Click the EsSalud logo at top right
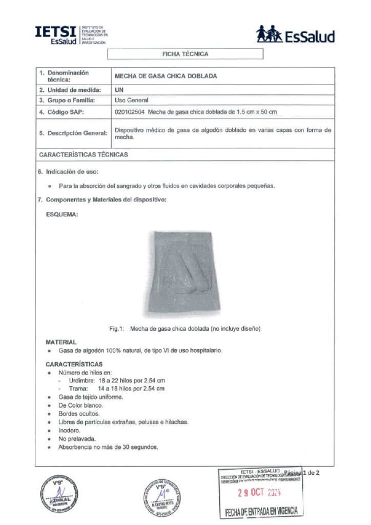point(295,35)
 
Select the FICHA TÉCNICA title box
point(185,54)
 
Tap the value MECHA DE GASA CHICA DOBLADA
point(166,76)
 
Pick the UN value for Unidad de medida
point(119,90)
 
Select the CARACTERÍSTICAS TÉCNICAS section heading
point(84,154)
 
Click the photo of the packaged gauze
point(186,274)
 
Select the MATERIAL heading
point(61,341)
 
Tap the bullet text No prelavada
point(76,439)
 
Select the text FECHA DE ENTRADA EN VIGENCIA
point(261,511)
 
